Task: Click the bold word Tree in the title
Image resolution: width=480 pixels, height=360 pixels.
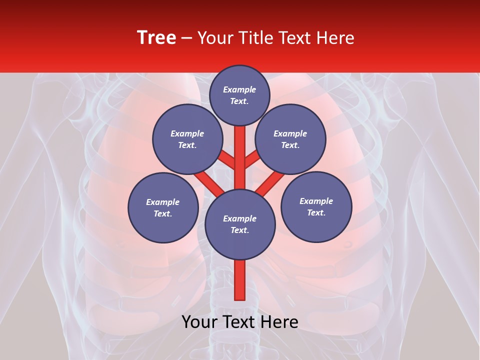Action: tap(156, 38)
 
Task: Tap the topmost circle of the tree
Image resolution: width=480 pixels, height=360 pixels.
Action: tap(239, 95)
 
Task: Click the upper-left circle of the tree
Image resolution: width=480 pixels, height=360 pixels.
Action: tap(187, 139)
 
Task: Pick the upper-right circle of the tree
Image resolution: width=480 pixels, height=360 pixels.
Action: tap(290, 139)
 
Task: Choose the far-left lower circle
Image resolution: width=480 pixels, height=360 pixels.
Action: tap(163, 207)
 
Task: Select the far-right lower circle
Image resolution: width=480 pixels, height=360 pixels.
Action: tap(316, 206)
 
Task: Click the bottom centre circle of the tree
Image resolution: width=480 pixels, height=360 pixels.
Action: tap(240, 224)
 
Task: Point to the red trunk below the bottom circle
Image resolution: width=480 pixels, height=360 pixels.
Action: tap(239, 280)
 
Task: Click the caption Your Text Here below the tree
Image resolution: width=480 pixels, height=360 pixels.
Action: tap(240, 322)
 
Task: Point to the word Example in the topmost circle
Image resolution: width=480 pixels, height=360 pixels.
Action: tap(239, 89)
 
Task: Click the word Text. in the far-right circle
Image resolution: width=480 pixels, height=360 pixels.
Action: tap(316, 212)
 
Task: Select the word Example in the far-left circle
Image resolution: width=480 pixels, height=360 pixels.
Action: tap(163, 202)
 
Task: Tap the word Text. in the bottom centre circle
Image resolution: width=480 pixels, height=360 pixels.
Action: tap(239, 230)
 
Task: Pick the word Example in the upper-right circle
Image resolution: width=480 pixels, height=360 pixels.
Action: tap(290, 133)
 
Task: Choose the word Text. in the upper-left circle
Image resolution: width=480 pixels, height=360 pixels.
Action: tap(187, 145)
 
